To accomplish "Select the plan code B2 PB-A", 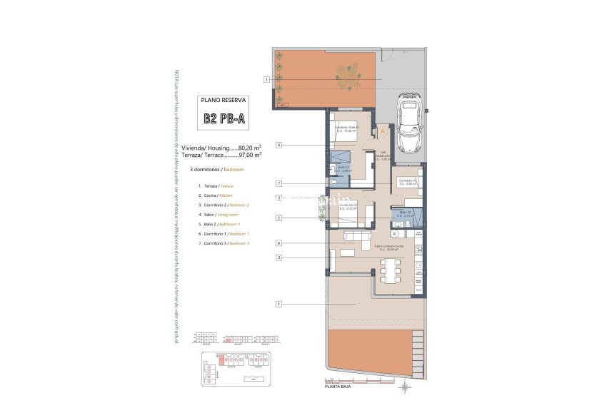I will pos(223,120).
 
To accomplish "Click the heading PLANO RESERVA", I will pos(223,101).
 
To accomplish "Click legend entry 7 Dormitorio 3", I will pos(222,244).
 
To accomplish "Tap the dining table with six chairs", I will pos(391,271).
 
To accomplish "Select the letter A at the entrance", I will pos(383,132).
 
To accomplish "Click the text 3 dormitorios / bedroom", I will pos(217,170).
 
